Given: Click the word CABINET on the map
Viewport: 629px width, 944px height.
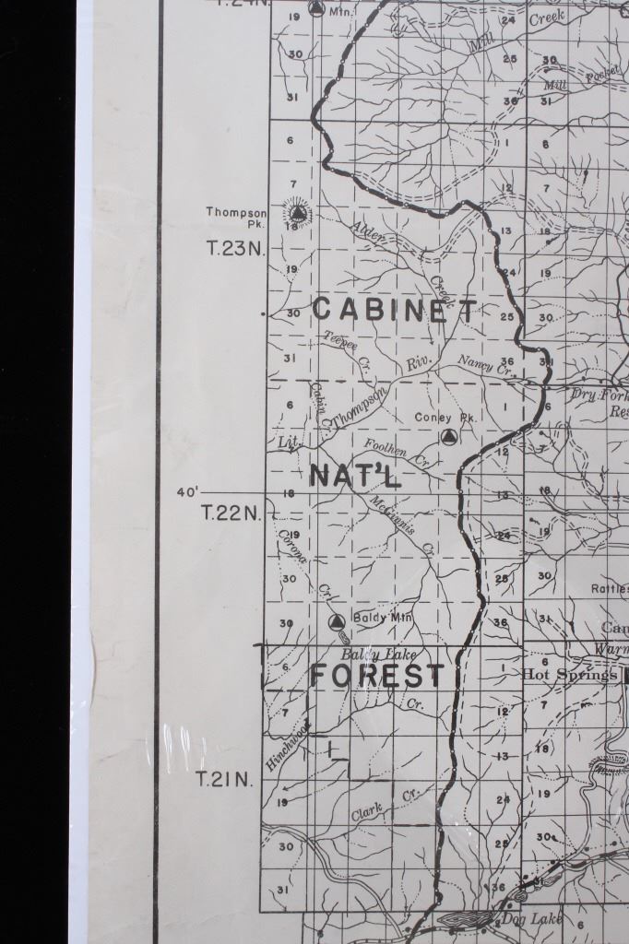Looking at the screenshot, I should (395, 310).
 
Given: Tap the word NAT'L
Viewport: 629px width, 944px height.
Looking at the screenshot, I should (355, 476).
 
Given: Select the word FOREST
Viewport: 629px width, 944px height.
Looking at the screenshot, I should (376, 677).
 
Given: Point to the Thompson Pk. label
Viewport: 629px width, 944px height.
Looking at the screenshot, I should (236, 218).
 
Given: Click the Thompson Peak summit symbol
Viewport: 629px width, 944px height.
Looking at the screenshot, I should (296, 217).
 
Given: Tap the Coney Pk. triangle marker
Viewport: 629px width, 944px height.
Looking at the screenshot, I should (449, 437).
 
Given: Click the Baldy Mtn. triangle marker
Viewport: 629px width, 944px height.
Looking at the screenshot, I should (337, 621).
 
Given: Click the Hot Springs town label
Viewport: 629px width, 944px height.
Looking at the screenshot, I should (569, 675).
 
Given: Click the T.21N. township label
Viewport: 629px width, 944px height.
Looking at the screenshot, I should (224, 780).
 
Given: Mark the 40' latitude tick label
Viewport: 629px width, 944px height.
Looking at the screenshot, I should (188, 492).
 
